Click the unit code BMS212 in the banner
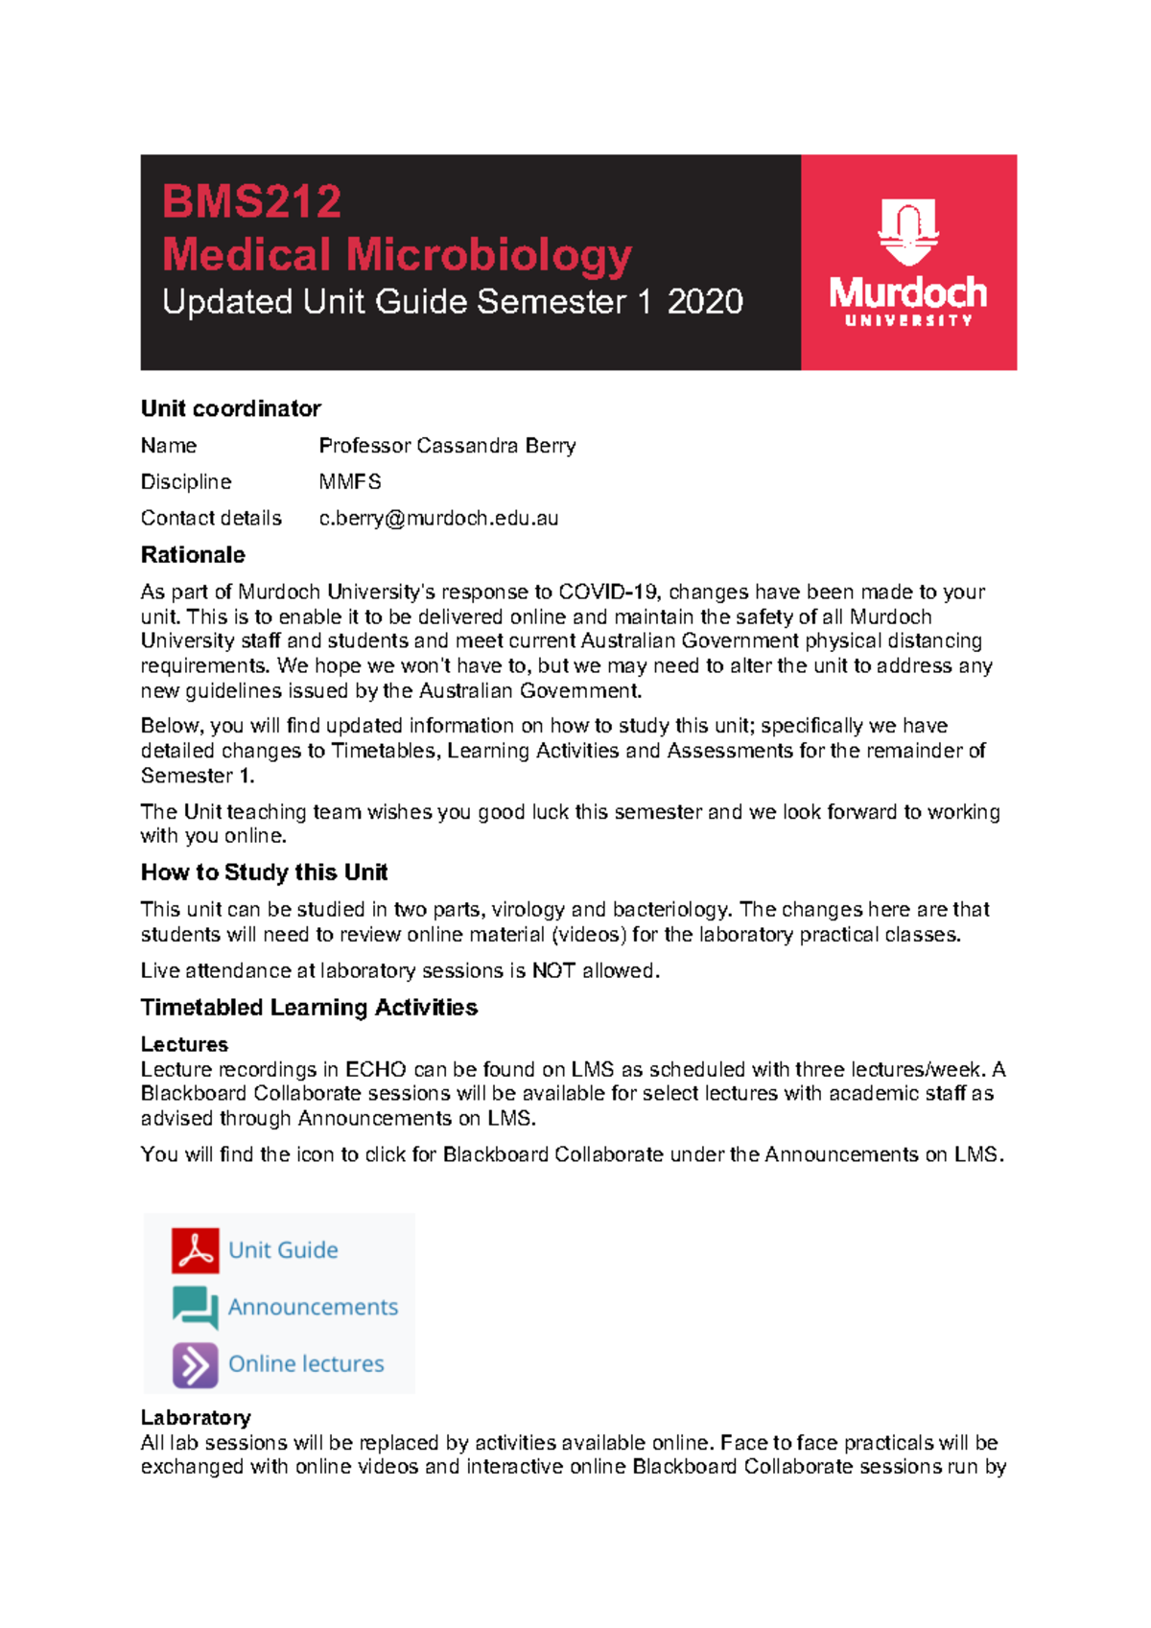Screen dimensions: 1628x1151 [251, 202]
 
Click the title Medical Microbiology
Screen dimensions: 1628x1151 [396, 255]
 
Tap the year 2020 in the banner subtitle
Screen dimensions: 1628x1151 [705, 302]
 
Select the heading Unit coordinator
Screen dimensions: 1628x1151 [230, 408]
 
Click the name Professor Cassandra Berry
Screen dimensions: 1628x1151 [447, 446]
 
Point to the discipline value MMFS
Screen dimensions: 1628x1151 [349, 482]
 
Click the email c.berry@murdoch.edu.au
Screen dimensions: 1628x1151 [438, 519]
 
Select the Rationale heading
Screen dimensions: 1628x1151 [193, 555]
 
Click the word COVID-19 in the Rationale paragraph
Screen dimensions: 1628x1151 [609, 592]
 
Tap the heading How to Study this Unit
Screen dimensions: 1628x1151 [264, 872]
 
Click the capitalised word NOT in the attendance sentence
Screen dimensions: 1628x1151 [553, 971]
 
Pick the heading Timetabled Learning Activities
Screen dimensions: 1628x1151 [309, 1008]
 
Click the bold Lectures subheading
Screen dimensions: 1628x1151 [184, 1044]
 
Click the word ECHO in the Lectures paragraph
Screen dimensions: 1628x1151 [376, 1069]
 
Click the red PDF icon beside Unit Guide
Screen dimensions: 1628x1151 [196, 1250]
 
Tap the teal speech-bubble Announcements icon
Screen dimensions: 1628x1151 [196, 1307]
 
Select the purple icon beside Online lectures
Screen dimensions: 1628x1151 [196, 1364]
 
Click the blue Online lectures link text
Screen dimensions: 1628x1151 [306, 1364]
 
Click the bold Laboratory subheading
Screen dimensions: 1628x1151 [196, 1418]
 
